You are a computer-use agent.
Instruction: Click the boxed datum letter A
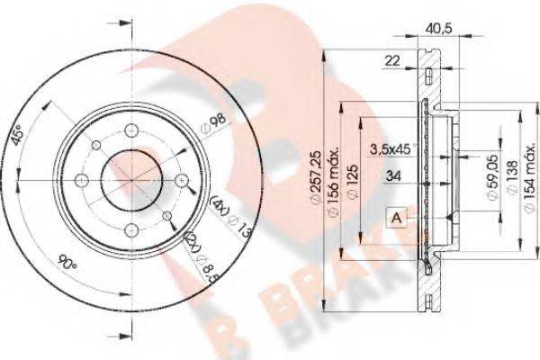coord(396,216)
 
